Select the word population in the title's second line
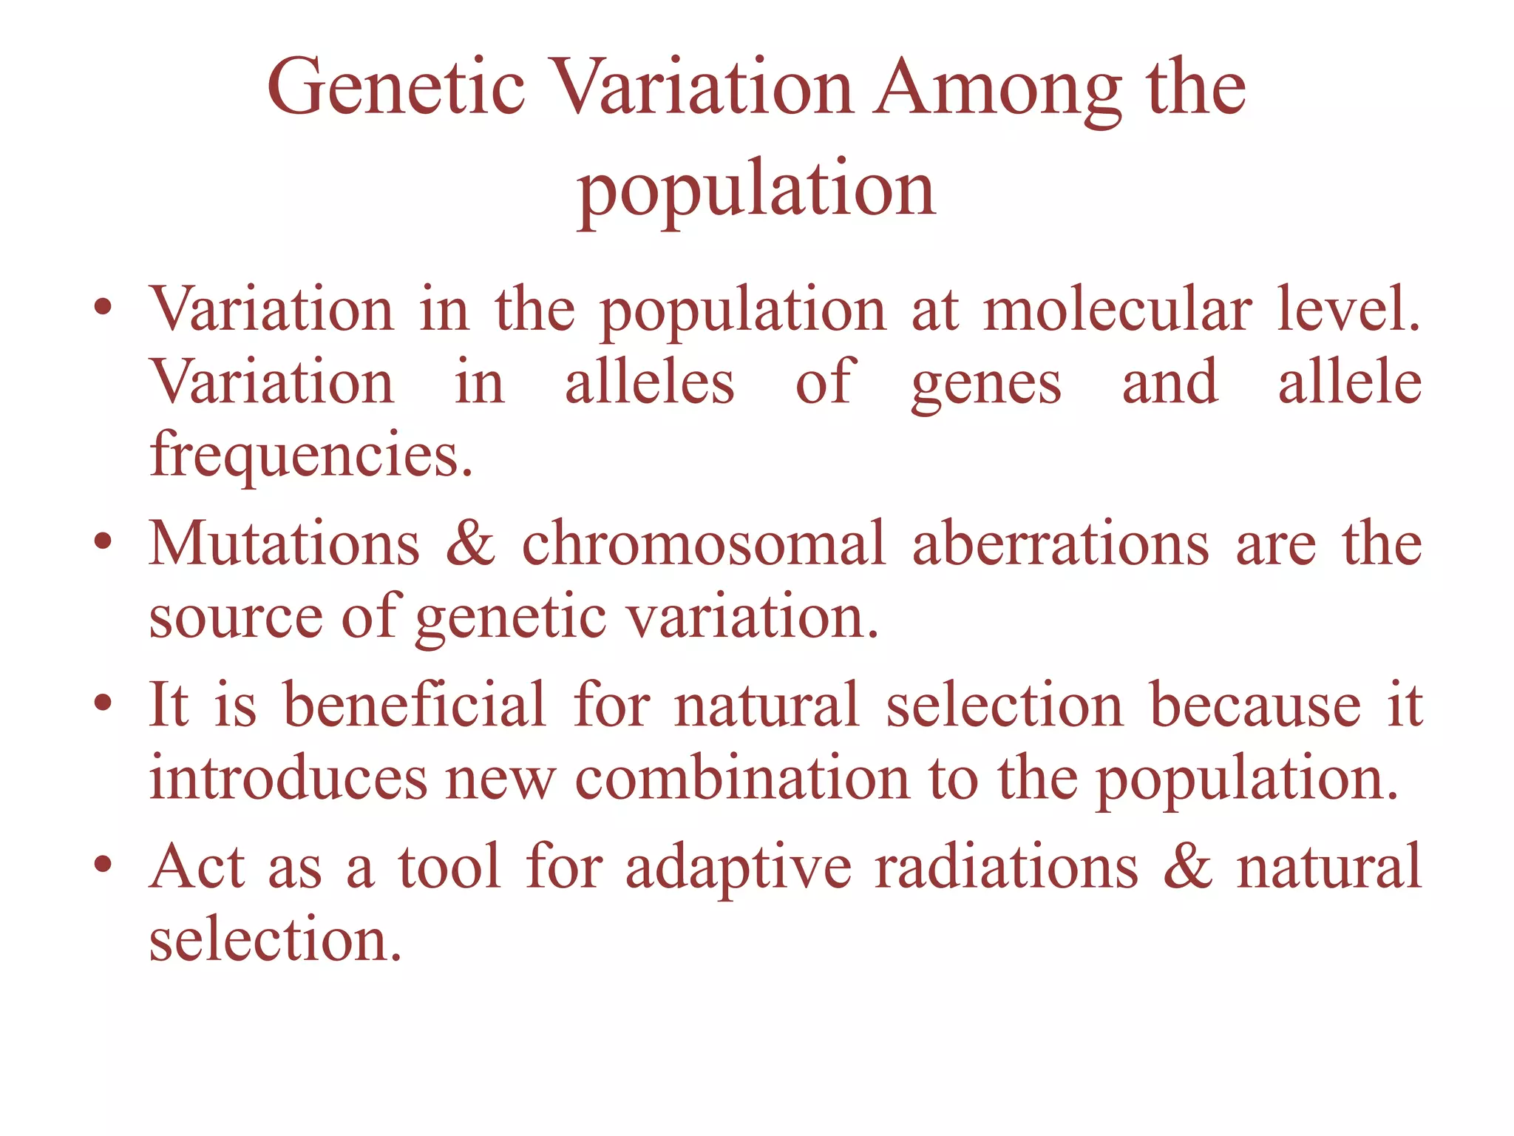click(756, 190)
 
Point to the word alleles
click(649, 382)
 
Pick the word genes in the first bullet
click(986, 382)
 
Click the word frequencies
click(311, 454)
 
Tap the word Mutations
click(285, 544)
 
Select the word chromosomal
click(703, 544)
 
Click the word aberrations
click(1061, 544)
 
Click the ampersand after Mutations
click(470, 544)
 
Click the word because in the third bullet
click(1255, 705)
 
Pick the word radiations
click(1006, 867)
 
